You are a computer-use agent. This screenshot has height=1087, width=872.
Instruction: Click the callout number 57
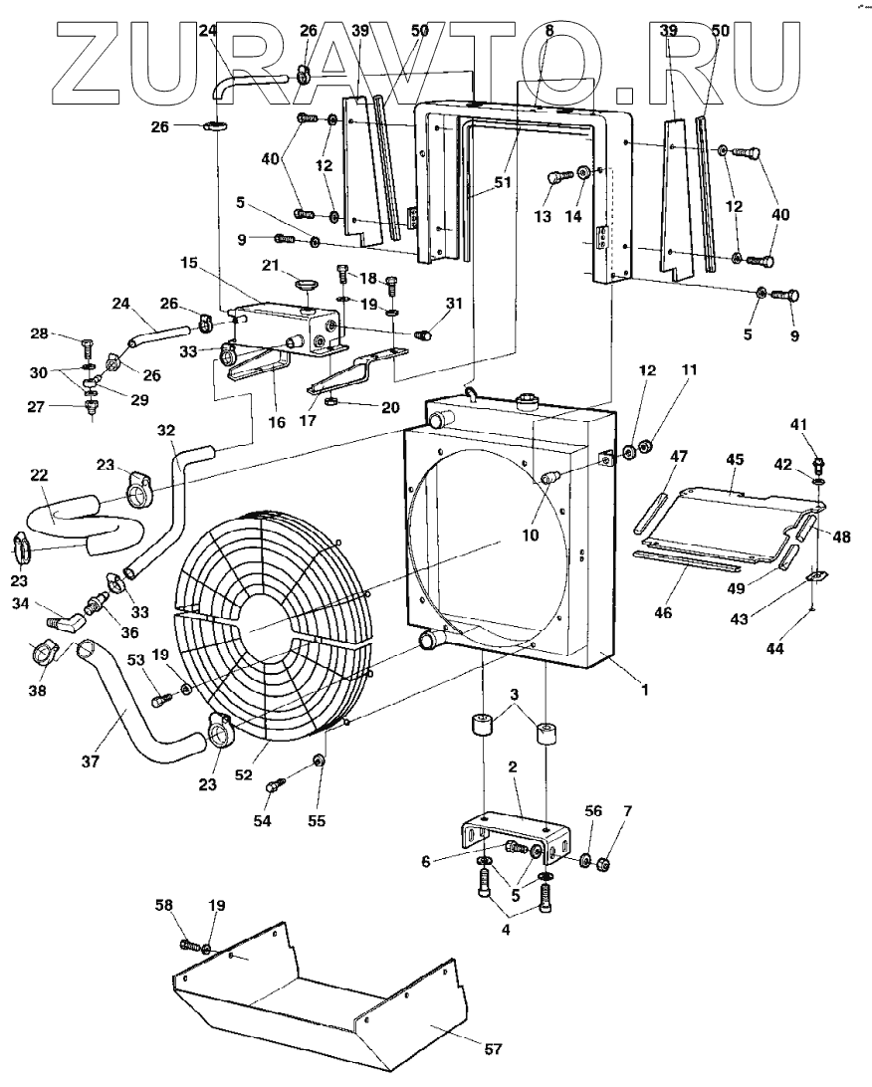click(x=493, y=1049)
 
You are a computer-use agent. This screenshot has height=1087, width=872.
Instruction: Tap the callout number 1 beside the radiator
click(x=644, y=689)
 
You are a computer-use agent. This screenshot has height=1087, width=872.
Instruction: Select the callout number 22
click(x=39, y=478)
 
